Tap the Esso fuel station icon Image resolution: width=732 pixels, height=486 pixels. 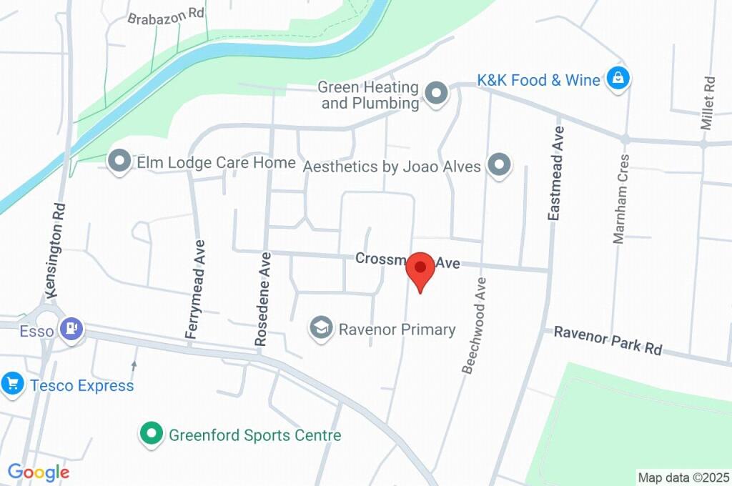(x=71, y=329)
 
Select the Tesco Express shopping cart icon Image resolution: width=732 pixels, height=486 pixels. (x=12, y=385)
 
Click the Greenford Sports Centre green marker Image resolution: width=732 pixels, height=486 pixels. (x=151, y=434)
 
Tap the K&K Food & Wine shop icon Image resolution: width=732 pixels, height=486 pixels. (x=616, y=79)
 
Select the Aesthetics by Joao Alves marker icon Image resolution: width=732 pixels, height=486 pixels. (x=498, y=166)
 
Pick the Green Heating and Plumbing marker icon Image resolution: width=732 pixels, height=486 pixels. (x=435, y=94)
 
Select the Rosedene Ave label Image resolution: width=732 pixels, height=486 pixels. (x=263, y=299)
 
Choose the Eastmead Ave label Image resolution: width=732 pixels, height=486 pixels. (x=556, y=173)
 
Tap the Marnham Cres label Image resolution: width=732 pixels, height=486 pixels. (x=620, y=198)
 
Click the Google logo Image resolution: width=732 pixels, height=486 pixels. (x=38, y=472)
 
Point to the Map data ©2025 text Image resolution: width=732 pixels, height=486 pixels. (x=683, y=477)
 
